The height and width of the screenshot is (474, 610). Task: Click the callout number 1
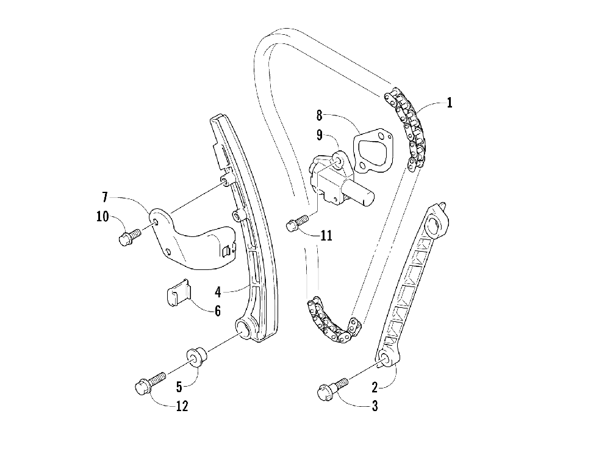[x=450, y=103]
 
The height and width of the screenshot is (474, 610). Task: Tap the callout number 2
[x=375, y=385]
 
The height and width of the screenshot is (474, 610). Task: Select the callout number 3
[x=375, y=405]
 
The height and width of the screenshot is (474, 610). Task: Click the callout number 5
[x=179, y=386]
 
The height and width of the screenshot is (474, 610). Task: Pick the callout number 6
[x=217, y=310]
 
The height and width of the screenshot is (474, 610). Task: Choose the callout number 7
[x=106, y=197]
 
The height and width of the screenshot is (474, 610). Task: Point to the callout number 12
[x=181, y=406]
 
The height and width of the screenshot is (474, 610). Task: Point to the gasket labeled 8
[x=373, y=150]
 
